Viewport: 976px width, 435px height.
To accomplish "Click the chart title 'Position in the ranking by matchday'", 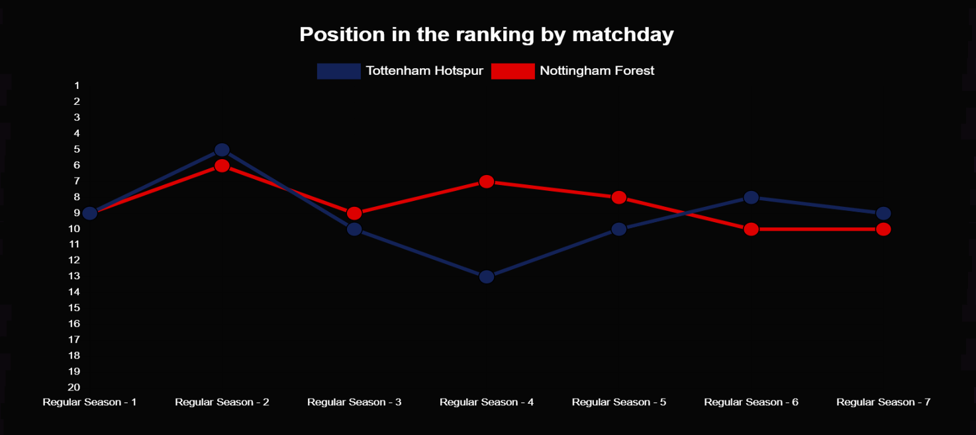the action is point(486,35).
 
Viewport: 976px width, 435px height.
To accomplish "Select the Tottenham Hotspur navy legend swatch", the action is point(338,71).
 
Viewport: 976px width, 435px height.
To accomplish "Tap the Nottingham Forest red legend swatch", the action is point(513,71).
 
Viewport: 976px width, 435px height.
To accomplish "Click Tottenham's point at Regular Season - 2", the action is point(222,150).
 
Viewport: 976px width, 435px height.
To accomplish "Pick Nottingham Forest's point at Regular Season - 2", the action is point(222,166).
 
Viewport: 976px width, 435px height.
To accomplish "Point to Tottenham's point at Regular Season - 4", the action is point(487,277).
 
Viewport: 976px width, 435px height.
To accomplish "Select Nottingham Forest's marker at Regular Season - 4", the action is point(487,182).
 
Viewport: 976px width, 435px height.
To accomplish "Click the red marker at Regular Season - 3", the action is point(354,214).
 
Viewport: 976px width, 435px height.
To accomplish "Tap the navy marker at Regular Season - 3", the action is point(354,229).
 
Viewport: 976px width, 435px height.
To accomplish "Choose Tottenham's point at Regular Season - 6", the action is point(751,198).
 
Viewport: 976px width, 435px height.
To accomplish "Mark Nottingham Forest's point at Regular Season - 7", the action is point(883,229).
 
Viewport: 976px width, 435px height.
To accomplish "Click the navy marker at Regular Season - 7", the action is point(883,214).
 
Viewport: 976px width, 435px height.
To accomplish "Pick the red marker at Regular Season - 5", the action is point(618,198).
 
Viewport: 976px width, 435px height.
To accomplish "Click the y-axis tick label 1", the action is point(77,86).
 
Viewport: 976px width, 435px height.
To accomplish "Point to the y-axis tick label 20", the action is point(74,387).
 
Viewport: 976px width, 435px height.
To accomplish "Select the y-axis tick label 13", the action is point(74,276).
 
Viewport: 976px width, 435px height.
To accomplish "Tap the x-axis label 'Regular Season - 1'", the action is point(90,402).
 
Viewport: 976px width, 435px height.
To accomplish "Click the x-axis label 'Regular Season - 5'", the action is point(618,402).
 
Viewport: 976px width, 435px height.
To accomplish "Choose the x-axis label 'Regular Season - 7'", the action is point(883,402).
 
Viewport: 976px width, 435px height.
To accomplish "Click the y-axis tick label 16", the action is point(74,324).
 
